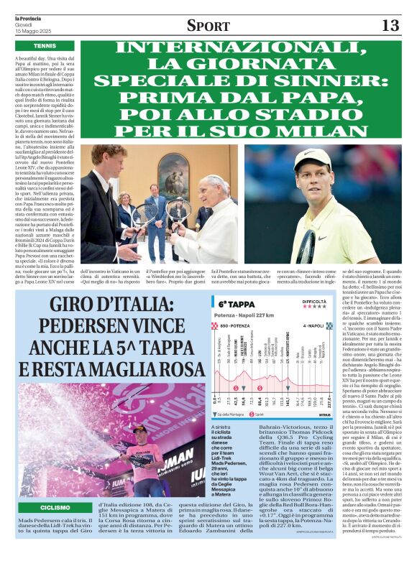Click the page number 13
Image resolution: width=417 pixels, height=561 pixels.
[x=390, y=26]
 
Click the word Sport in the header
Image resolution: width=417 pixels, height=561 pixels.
[x=208, y=26]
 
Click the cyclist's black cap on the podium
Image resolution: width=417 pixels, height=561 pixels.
[x=139, y=429]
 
